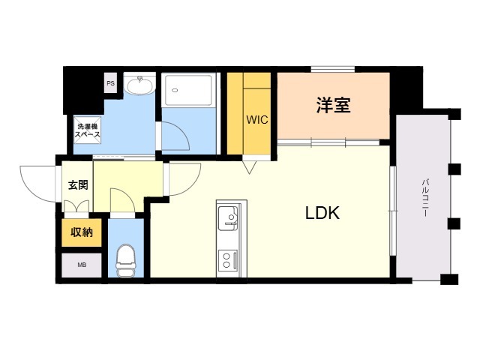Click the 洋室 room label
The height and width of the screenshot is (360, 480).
pos(333,106)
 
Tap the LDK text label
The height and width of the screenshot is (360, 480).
pos(322,213)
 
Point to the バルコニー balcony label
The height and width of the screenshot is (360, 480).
pos(424,197)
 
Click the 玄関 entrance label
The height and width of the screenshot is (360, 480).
pos(78,184)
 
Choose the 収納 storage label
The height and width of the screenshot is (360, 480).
pos(82,232)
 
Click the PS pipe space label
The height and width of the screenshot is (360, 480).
pos(111,84)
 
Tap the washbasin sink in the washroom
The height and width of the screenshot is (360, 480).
pos(139,86)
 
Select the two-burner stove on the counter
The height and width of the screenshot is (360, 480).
pos(227,261)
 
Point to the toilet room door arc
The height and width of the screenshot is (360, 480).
pos(121,202)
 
